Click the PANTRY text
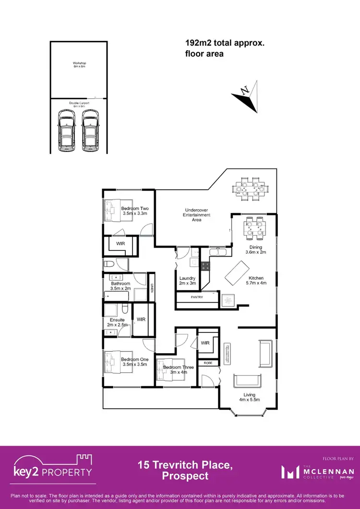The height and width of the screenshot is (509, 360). tap(197, 297)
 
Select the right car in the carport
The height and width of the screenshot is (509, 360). tap(90, 130)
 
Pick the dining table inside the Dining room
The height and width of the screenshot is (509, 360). tap(253, 228)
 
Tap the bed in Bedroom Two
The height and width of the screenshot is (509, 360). tap(113, 210)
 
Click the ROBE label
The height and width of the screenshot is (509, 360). tap(208, 364)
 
